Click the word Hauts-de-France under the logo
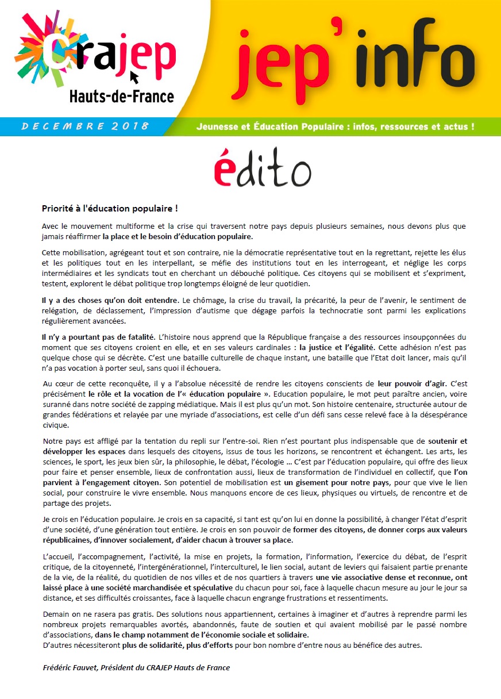(121, 96)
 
